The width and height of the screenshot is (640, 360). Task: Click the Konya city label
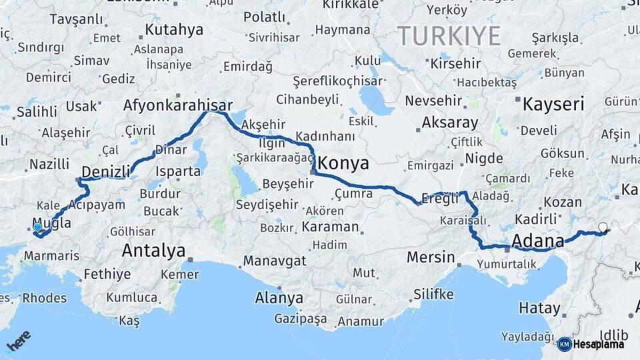343,163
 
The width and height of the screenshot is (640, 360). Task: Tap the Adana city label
537,240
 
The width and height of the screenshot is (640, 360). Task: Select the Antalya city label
153,251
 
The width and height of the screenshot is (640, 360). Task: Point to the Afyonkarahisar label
177,105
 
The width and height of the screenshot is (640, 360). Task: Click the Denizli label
105,171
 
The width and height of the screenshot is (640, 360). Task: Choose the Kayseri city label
553,104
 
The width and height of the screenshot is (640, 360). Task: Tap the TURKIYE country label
449,36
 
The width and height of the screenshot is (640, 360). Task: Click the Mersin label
431,257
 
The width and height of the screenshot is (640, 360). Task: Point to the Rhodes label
44,298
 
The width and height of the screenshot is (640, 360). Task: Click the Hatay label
539,308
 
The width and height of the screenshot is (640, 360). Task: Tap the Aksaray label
450,123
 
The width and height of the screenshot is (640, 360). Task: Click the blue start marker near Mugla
37,227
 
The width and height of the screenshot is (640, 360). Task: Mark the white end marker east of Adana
603,227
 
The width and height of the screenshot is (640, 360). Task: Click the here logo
18,342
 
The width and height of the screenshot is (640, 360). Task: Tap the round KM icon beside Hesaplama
564,344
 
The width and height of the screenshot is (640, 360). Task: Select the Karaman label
330,227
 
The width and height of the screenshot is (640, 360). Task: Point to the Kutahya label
174,29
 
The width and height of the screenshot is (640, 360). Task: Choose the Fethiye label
107,274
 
